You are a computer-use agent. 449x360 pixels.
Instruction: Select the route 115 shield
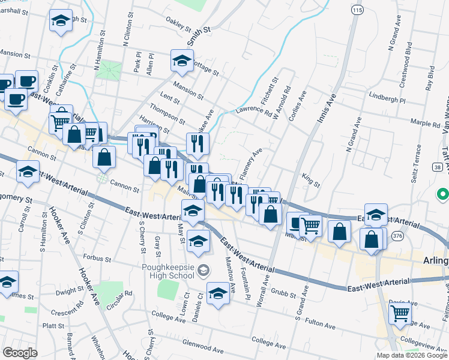pyautogui.click(x=358, y=11)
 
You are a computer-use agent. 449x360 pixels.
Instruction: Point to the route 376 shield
pyautogui.click(x=397, y=236)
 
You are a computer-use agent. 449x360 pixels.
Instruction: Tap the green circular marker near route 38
pyautogui.click(x=442, y=194)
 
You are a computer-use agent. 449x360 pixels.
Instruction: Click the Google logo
pyautogui.click(x=20, y=352)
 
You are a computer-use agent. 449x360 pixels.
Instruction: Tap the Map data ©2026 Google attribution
pyautogui.click(x=411, y=355)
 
